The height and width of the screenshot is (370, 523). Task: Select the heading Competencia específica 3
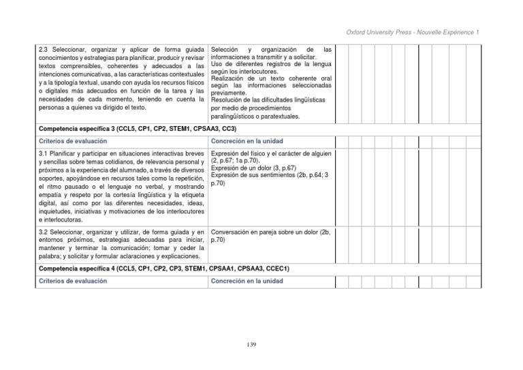click(x=78, y=128)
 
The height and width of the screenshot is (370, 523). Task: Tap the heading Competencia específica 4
click(x=78, y=268)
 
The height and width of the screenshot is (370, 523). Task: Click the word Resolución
click(x=228, y=100)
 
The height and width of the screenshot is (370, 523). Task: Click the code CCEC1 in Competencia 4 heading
click(x=277, y=268)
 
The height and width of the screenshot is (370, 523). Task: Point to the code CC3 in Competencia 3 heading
click(x=229, y=128)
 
